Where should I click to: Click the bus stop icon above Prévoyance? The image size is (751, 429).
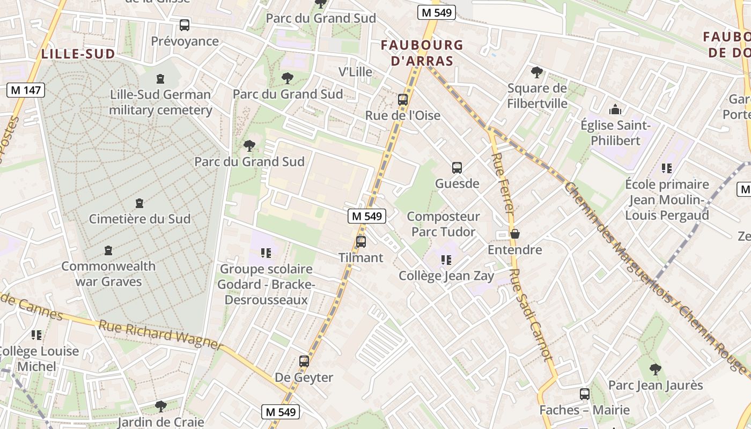point(185,25)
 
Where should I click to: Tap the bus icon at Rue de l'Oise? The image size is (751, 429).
point(403,100)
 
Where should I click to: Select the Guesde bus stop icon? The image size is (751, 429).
point(457,168)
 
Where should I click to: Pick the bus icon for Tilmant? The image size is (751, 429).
point(361,242)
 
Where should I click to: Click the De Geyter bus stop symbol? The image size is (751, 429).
point(304,361)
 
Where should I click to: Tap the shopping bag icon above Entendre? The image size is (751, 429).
point(515,234)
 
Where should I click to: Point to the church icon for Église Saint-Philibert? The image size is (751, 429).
point(615,109)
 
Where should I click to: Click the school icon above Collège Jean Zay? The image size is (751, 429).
point(446,260)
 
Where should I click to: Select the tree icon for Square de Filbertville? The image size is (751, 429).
point(536,72)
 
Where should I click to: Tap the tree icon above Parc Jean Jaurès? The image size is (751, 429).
point(655,369)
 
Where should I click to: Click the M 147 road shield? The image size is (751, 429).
point(26,90)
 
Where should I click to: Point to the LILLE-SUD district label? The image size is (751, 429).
point(78,54)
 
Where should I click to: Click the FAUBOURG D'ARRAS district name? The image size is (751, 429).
point(422,53)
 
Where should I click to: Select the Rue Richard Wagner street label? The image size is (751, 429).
point(161,335)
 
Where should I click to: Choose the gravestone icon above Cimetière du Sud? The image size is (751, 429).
point(139,203)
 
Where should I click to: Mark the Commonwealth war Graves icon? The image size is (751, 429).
point(108,250)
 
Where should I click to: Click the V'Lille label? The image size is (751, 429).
point(355,72)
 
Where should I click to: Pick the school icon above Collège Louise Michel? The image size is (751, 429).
point(36,335)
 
